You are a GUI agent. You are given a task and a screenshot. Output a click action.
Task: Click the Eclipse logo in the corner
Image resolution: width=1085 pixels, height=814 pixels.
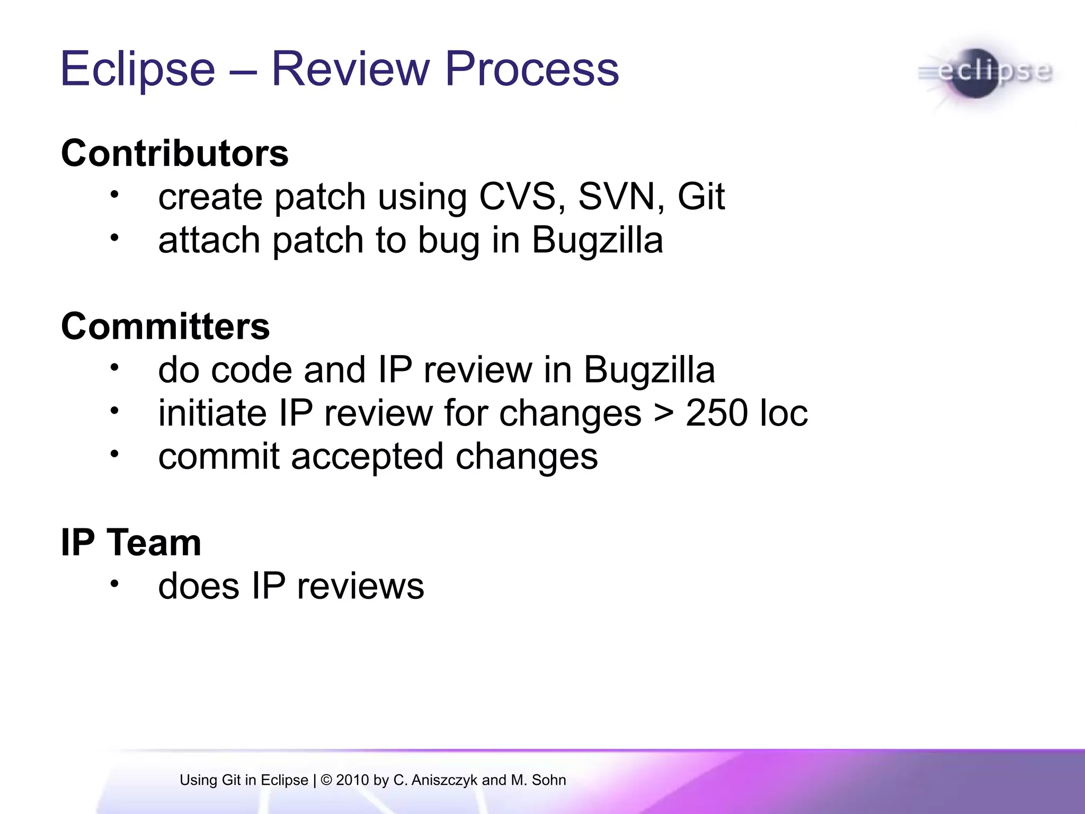[x=985, y=73]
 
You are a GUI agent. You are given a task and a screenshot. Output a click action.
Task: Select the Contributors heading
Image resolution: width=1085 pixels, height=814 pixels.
[x=175, y=154]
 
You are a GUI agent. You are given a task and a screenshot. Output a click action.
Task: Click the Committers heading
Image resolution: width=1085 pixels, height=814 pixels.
[x=165, y=326]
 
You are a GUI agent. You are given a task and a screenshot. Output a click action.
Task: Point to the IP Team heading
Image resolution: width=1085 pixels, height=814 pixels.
[x=131, y=543]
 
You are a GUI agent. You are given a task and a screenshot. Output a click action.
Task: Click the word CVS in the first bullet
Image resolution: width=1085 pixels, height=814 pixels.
[x=517, y=197]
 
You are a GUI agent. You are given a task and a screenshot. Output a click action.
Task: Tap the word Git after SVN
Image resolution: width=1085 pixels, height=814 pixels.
[x=700, y=197]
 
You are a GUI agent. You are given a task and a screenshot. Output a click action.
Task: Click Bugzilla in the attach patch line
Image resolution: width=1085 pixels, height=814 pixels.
[x=597, y=241]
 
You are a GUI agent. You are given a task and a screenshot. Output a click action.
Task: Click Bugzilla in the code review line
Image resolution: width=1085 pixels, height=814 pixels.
[x=649, y=370]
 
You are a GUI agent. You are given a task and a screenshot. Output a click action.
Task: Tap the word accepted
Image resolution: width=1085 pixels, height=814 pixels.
[x=367, y=457]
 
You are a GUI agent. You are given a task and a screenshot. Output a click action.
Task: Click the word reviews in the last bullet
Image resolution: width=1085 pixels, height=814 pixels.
[x=360, y=587]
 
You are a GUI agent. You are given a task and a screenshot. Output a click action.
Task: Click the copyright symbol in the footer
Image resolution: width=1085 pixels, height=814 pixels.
[x=326, y=780]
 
